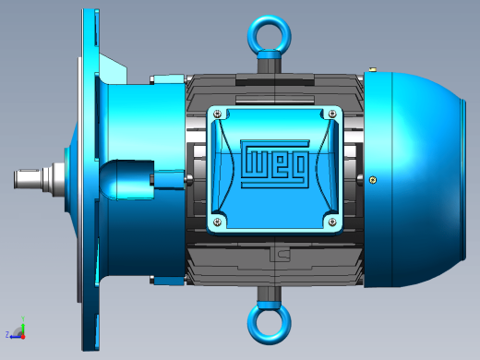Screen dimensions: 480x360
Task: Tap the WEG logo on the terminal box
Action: pos(274,163)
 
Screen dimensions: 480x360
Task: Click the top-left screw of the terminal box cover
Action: pos(218,114)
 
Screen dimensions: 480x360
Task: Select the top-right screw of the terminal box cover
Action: pos(332,114)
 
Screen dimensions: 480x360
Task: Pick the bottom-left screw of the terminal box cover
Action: pos(218,222)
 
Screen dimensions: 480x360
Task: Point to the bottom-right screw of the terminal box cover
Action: pos(332,222)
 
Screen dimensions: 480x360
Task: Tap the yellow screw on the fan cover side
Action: pos(373,180)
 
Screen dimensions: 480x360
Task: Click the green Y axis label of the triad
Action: pos(23,318)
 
